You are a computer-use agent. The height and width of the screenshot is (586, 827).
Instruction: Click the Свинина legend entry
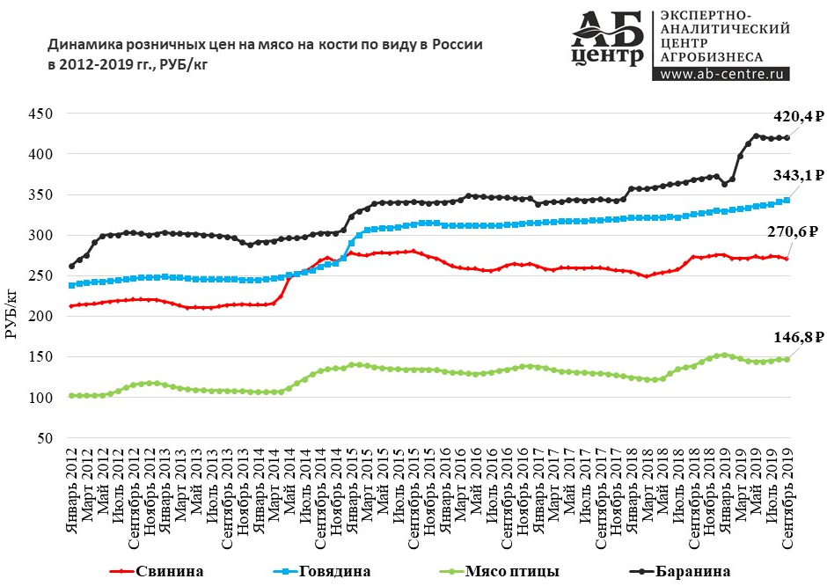(x=169, y=571)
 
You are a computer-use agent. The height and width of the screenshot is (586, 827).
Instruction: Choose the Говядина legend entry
(x=334, y=571)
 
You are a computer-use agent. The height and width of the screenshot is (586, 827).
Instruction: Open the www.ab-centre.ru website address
(x=721, y=75)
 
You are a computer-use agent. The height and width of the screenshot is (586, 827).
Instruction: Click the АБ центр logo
(x=607, y=40)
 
